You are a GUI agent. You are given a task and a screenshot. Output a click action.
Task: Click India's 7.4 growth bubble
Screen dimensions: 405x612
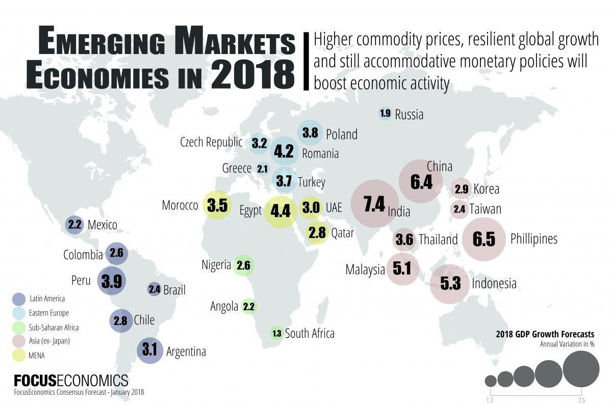374,204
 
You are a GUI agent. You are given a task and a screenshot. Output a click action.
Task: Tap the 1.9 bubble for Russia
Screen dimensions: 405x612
385,114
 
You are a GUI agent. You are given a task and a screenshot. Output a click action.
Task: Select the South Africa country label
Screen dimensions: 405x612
310,334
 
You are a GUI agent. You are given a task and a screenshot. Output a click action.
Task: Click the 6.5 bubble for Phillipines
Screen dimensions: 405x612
484,239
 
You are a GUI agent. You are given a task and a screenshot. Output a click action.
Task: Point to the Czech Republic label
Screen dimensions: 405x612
211,142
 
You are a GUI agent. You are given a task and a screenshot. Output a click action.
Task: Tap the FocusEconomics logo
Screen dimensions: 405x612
71,381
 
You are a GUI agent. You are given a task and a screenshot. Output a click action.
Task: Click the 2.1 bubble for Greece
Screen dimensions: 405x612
263,169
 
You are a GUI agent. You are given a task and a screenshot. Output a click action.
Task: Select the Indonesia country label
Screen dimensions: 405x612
494,284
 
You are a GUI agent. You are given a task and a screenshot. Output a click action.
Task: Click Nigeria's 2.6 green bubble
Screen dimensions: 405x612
244,265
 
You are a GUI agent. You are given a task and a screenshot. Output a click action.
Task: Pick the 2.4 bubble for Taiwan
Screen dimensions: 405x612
460,209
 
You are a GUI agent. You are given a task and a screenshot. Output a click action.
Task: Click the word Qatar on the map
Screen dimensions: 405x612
343,233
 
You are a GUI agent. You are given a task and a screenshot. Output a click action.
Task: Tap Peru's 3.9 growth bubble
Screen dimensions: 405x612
111,281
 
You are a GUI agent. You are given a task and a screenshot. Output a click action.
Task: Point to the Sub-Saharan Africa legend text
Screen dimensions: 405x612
54,327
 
